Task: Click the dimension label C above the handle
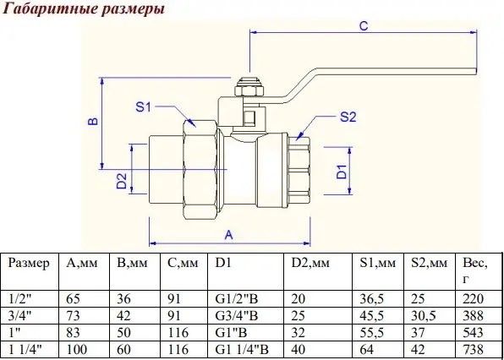[x=364, y=25]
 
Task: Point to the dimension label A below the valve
[x=228, y=235]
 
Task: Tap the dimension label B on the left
[x=93, y=122]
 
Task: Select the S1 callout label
[x=143, y=107]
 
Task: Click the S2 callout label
[x=348, y=117]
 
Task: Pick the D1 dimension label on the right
[x=342, y=172]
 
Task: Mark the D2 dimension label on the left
[x=122, y=181]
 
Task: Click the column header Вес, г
[x=475, y=271]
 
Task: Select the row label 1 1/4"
[x=25, y=349]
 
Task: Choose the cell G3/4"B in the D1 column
[x=237, y=316]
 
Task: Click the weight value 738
[x=474, y=349]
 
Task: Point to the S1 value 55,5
[x=371, y=333]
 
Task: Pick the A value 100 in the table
[x=76, y=349]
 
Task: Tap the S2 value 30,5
[x=423, y=316]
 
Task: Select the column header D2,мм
[x=310, y=264]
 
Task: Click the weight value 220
[x=474, y=299]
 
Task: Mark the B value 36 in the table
[x=123, y=299]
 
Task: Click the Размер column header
[x=29, y=264]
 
